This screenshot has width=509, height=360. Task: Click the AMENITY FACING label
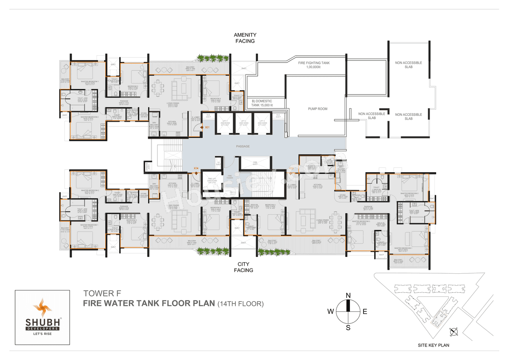(245, 38)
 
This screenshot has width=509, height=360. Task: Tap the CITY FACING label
(243, 267)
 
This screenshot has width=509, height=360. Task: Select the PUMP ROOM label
(317, 109)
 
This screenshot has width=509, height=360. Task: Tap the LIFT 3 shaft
(261, 124)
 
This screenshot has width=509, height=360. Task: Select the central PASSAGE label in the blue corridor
(243, 146)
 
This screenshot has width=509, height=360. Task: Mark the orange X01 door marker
(207, 128)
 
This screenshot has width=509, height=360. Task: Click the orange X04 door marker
(196, 169)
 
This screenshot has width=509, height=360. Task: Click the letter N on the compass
(348, 295)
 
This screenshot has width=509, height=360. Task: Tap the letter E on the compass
(365, 311)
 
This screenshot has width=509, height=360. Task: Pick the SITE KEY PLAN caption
(433, 345)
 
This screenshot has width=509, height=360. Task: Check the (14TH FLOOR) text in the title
(240, 304)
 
